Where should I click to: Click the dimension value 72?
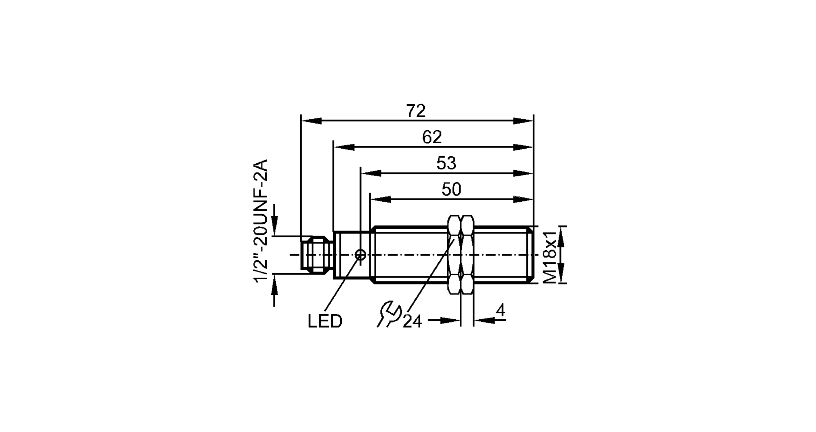click(416, 111)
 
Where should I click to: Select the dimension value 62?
click(432, 137)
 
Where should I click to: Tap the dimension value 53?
click(446, 163)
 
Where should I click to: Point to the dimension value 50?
click(451, 189)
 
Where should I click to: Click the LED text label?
click(325, 321)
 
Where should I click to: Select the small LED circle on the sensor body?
click(360, 255)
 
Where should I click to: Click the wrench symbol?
click(389, 314)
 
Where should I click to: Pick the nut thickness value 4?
click(500, 311)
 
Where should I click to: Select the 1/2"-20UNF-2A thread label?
click(261, 220)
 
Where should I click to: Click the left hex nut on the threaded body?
click(454, 255)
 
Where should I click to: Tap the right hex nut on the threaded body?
click(467, 255)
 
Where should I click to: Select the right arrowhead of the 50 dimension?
click(523, 199)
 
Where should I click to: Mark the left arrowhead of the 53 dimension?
click(370, 173)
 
